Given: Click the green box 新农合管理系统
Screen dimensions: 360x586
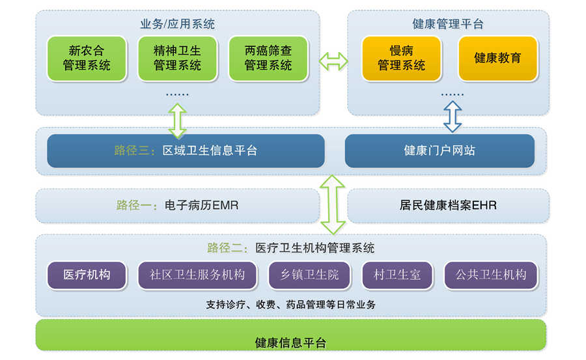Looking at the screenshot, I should (x=87, y=59).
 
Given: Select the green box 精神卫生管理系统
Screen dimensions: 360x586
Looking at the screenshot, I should (x=177, y=59).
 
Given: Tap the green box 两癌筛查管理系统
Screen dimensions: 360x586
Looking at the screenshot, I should (x=268, y=59).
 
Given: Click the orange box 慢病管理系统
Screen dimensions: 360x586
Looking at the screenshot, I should (x=401, y=59).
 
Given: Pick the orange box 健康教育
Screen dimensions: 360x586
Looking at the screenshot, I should (x=498, y=59).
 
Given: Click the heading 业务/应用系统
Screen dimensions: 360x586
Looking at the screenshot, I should (x=177, y=25).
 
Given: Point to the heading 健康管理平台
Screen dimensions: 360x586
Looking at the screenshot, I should (x=448, y=25).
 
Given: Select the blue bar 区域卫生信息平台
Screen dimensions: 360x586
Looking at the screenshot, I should (x=186, y=151).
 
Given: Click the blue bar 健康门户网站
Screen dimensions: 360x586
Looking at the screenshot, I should (x=439, y=151).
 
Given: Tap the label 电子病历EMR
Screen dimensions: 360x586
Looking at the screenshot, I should (x=177, y=206).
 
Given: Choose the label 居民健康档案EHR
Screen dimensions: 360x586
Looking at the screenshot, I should (x=448, y=206).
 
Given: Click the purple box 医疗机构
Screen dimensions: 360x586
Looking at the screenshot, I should (x=87, y=275).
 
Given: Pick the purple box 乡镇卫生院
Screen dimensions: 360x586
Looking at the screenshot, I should (x=309, y=275).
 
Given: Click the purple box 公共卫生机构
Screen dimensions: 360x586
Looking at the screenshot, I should (x=491, y=275).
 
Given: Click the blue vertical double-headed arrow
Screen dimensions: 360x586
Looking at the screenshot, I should (x=452, y=117).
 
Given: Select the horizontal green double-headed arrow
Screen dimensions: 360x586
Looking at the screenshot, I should (x=333, y=62).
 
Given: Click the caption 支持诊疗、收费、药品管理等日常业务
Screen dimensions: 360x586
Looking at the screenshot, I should (x=290, y=305).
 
